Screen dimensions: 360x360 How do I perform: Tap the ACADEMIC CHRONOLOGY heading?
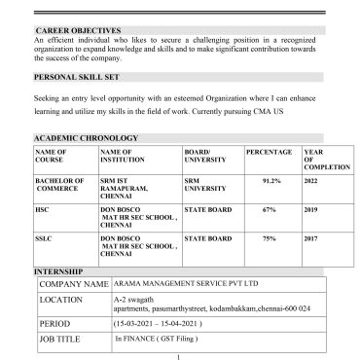83,140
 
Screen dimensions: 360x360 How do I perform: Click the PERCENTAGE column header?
269,153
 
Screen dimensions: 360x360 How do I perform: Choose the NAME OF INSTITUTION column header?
125,157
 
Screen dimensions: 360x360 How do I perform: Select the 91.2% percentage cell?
272,181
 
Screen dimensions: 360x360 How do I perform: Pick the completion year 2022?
311,181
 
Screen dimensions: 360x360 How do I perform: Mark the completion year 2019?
311,208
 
